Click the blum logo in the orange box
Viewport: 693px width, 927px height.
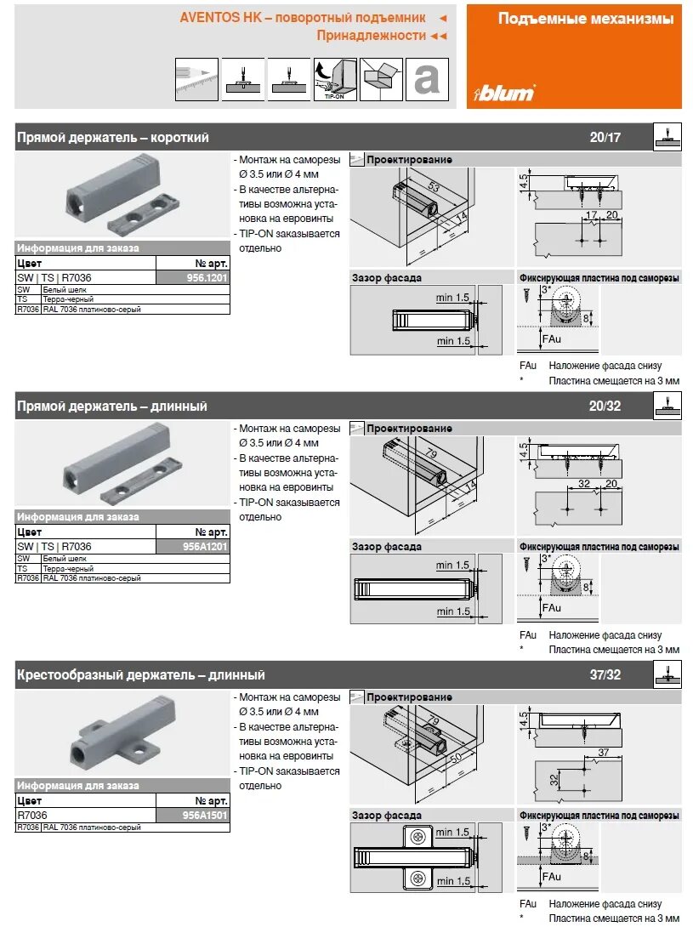pyautogui.click(x=504, y=91)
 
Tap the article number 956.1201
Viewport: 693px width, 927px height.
pyautogui.click(x=207, y=277)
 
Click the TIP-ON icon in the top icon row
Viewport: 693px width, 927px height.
pyautogui.click(x=334, y=80)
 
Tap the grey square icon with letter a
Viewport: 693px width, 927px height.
pyautogui.click(x=426, y=80)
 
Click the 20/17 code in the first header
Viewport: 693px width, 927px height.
pyautogui.click(x=605, y=137)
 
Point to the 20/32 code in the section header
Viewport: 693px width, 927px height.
pyautogui.click(x=605, y=407)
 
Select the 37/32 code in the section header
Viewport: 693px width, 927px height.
pyautogui.click(x=605, y=675)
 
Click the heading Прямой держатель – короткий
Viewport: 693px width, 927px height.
pyautogui.click(x=113, y=137)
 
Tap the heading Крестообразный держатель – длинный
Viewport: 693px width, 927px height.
pyautogui.click(x=141, y=675)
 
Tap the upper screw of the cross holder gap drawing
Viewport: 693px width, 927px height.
pyautogui.click(x=418, y=837)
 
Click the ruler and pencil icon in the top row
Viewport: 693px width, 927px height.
pyautogui.click(x=196, y=80)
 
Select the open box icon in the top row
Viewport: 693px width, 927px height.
pyautogui.click(x=380, y=80)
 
